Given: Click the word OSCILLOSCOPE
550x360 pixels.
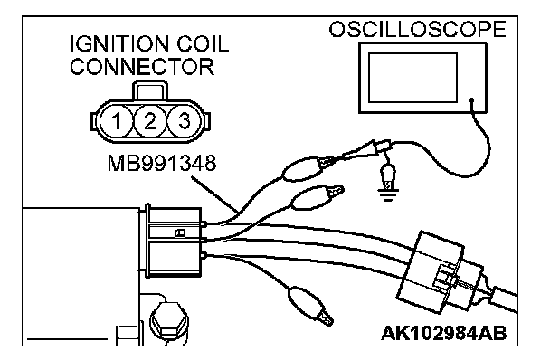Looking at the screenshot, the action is pos(417,29).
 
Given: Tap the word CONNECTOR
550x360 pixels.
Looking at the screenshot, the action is pos(142,67).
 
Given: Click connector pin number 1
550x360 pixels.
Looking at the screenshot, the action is pos(116,121).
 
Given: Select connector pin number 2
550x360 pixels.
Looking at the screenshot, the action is pos(150,121).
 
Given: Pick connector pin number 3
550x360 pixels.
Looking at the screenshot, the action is pos(184,121).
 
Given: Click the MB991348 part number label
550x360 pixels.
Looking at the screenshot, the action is pos(162,163).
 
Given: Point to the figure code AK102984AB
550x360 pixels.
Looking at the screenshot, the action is pos(444,334).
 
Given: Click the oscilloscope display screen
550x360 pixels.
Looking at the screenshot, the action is pos(412,78).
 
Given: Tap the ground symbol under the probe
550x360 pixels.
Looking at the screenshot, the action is pos(387,195).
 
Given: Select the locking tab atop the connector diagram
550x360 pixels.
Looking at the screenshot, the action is pos(149,90).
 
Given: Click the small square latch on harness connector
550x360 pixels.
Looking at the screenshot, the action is pos(181,233).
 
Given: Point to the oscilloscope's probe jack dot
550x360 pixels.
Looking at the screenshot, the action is pos(472,100).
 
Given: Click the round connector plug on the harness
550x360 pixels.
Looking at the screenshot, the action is pos(441,272).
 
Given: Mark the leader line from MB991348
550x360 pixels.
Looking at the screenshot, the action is pos(215,194).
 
